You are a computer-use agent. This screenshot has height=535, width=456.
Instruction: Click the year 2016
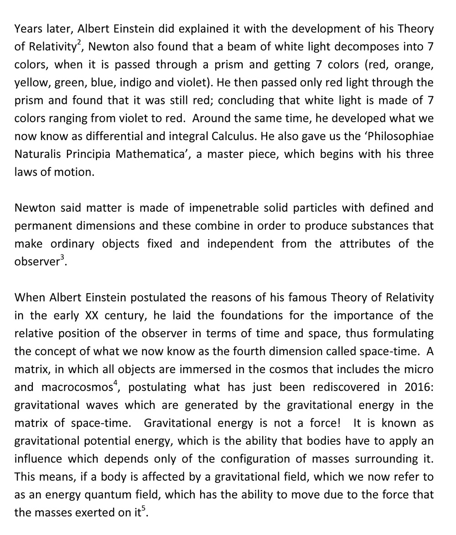(416, 387)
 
